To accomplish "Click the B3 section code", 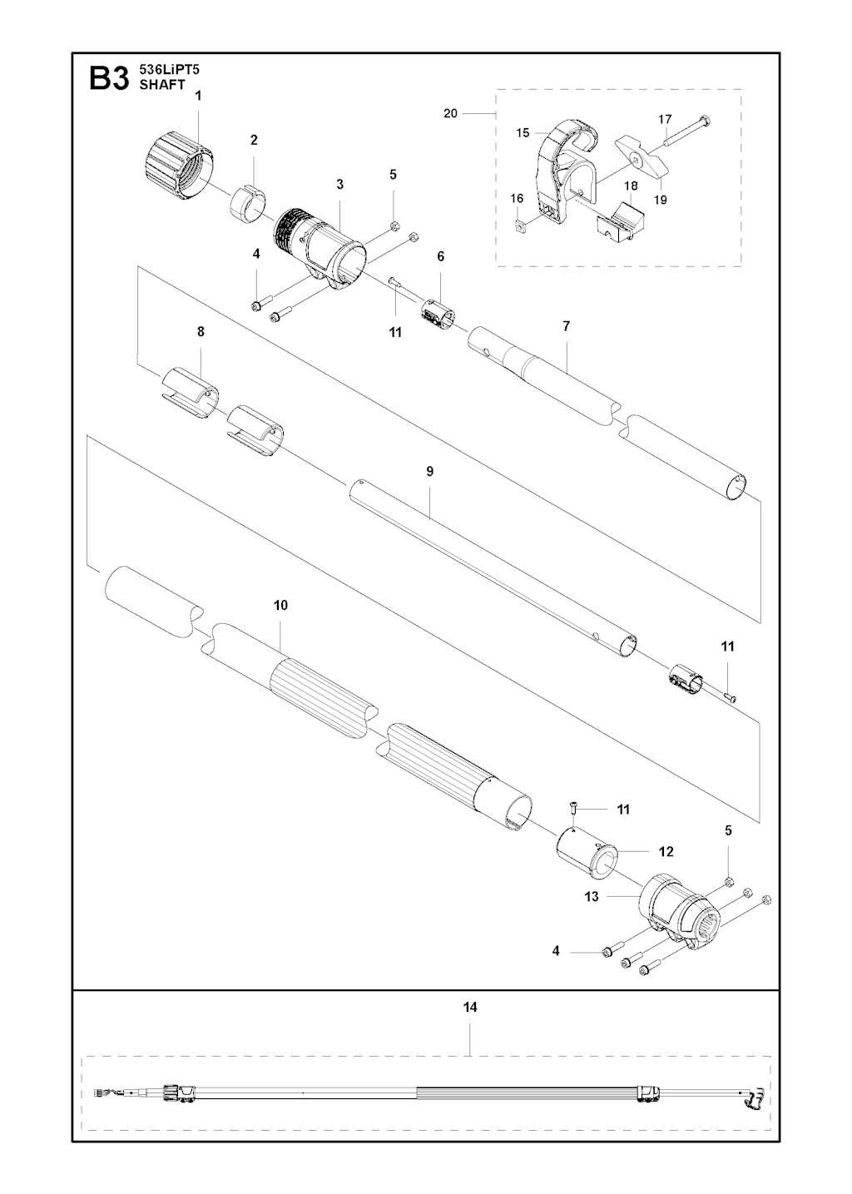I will click(x=109, y=79).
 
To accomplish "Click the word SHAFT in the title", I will click(x=162, y=85).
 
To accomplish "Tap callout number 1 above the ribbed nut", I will click(x=198, y=96).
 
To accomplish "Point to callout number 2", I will click(x=254, y=140).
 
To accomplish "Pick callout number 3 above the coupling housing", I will click(x=339, y=183).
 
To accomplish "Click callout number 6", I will click(x=440, y=256).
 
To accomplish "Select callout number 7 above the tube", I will click(x=566, y=326).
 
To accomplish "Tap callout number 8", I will click(x=201, y=331).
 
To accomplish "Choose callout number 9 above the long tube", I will click(x=430, y=471).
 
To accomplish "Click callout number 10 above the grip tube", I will click(x=280, y=605).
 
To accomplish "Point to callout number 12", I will click(x=666, y=851).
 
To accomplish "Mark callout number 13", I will click(x=592, y=897).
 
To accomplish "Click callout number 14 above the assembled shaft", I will click(x=470, y=1007).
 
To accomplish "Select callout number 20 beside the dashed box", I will click(x=450, y=113).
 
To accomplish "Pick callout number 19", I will click(x=660, y=200).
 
